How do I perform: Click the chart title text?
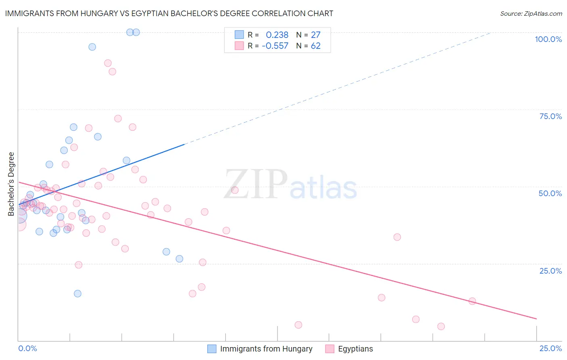click(x=169, y=13)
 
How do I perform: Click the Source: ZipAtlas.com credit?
click(x=531, y=14)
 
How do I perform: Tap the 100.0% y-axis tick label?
click(x=548, y=39)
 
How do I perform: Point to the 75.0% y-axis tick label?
click(x=550, y=116)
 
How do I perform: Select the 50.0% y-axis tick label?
click(x=550, y=193)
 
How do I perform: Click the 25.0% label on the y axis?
click(x=550, y=271)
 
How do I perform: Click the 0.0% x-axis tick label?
click(x=27, y=348)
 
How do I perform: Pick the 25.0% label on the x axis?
click(x=550, y=348)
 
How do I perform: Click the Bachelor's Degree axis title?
click(x=11, y=184)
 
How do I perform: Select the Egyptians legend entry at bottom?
click(x=355, y=349)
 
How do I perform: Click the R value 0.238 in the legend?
click(x=277, y=35)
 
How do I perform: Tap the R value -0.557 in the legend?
click(x=275, y=46)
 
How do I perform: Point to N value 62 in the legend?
click(x=315, y=46)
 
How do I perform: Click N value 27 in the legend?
click(x=315, y=35)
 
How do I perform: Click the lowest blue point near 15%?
click(x=77, y=293)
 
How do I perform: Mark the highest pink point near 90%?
click(x=108, y=63)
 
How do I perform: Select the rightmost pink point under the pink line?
click(x=441, y=326)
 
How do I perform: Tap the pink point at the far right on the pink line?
click(x=472, y=301)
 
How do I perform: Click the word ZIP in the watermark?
click(x=256, y=184)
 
